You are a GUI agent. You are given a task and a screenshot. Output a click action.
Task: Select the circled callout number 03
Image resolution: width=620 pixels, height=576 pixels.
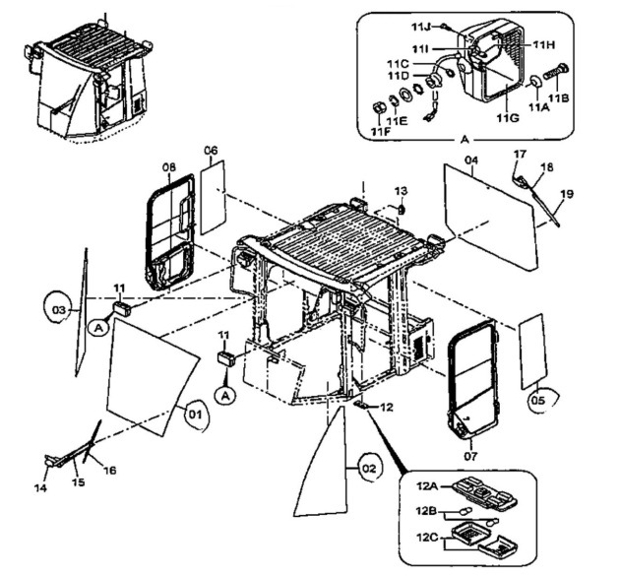point(60,310)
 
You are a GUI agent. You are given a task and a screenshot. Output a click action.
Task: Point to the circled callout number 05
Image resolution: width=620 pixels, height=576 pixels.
point(536,399)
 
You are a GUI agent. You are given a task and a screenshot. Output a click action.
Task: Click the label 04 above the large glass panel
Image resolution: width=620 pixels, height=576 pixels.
point(470,160)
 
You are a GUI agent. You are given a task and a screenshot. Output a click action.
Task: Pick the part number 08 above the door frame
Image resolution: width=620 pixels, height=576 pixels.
point(169,168)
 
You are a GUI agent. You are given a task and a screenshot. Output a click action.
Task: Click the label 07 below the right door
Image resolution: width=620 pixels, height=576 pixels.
point(469,456)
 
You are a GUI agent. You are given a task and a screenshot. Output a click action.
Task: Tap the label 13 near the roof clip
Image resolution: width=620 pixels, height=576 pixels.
point(401,190)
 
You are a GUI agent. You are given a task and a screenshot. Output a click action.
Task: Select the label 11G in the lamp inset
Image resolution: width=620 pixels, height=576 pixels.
point(507,117)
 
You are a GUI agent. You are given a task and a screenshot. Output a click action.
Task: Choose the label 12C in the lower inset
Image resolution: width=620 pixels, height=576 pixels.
point(427,537)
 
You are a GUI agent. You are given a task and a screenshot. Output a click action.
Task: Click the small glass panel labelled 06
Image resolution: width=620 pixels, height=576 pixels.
point(216,197)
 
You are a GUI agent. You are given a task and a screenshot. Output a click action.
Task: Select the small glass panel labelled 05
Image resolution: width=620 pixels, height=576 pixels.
point(530,351)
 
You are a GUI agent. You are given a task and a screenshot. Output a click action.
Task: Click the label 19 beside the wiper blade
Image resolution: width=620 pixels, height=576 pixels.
point(565,195)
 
